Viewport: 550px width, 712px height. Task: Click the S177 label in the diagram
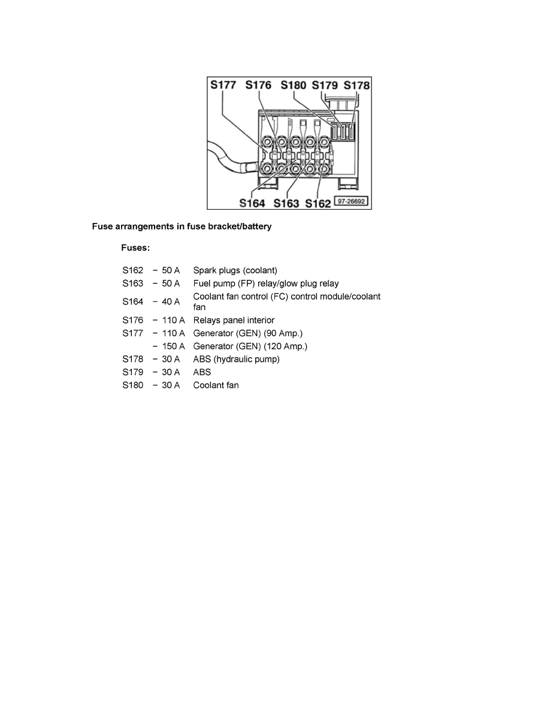tap(223, 85)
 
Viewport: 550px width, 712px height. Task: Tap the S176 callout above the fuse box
tap(258, 85)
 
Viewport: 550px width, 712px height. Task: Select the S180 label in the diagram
tap(293, 85)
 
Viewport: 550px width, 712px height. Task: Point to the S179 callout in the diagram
tap(325, 85)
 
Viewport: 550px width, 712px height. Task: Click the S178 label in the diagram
tap(356, 85)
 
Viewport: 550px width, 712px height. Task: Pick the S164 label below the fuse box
tap(252, 203)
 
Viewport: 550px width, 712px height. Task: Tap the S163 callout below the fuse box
tap(286, 203)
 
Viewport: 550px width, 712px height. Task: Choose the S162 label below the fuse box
tap(318, 203)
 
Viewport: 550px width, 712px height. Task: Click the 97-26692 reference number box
tap(351, 201)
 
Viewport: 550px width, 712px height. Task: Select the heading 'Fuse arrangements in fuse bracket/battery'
tap(182, 226)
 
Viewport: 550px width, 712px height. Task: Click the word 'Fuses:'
tap(135, 248)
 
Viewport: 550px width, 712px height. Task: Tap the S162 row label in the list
tap(132, 270)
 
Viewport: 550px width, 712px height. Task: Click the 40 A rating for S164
tap(171, 301)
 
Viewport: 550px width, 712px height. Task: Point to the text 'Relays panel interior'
tap(234, 320)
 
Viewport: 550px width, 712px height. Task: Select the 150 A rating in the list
tap(173, 346)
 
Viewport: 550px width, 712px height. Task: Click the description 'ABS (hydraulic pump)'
tap(237, 359)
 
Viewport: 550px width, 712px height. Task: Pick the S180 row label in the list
tap(132, 385)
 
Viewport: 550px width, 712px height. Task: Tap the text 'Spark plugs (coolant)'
tap(235, 270)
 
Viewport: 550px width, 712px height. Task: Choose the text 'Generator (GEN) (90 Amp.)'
tap(248, 333)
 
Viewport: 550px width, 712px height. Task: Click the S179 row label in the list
tap(132, 372)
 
